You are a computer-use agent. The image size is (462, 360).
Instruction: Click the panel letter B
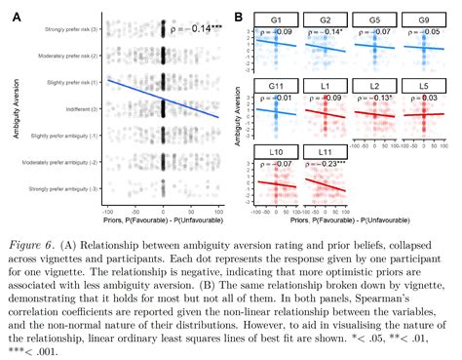tap(238, 13)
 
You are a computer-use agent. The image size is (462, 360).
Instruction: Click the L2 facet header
tap(377, 84)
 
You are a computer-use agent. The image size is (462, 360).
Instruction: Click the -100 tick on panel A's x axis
tap(108, 211)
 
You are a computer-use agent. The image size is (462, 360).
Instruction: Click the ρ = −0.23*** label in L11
tap(327, 164)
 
